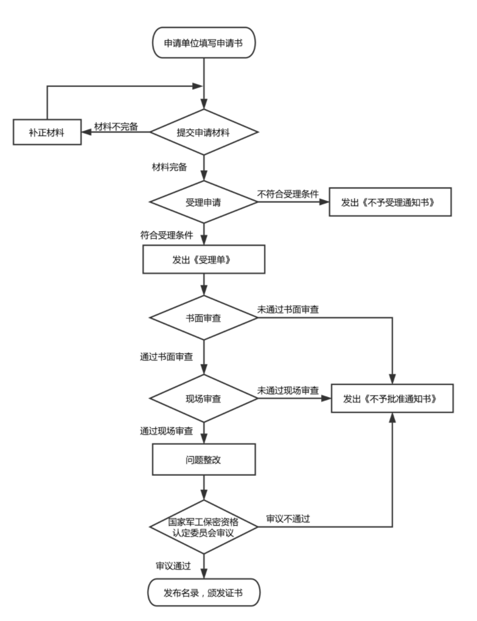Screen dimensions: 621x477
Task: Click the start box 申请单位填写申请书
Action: pyautogui.click(x=204, y=43)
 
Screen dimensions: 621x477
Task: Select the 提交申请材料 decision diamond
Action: pyautogui.click(x=204, y=133)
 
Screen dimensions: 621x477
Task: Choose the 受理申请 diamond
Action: pyautogui.click(x=204, y=203)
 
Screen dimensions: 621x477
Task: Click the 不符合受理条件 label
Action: pyautogui.click(x=289, y=195)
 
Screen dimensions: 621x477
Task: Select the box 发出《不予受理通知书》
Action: pyautogui.click(x=390, y=203)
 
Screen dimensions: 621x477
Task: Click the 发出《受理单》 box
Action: pyautogui.click(x=204, y=260)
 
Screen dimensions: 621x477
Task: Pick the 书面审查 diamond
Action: pyautogui.click(x=204, y=317)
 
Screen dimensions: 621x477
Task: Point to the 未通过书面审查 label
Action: pyautogui.click(x=289, y=310)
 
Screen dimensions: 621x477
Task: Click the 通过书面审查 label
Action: pyautogui.click(x=167, y=356)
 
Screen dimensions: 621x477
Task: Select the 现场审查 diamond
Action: pyautogui.click(x=204, y=399)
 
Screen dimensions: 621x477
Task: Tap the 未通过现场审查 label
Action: pyautogui.click(x=289, y=390)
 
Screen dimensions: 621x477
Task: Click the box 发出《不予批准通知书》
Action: pyautogui.click(x=392, y=399)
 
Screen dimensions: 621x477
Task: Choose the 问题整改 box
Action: pyautogui.click(x=204, y=459)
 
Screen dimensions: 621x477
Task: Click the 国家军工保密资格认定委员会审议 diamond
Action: pyautogui.click(x=204, y=527)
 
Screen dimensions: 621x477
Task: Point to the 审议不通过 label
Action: pyautogui.click(x=288, y=519)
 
